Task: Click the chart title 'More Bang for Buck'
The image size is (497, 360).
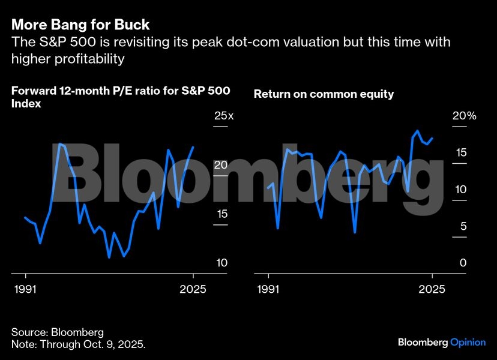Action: (80, 25)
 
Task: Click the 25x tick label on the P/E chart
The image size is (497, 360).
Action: (223, 116)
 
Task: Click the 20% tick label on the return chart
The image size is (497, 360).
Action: (463, 116)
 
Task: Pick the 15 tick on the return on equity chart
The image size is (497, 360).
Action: (460, 153)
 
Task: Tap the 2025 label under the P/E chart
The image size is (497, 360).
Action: (193, 289)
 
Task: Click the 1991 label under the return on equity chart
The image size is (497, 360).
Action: (268, 289)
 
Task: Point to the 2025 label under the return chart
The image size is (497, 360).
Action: (432, 289)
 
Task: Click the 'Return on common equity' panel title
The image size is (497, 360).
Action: (324, 94)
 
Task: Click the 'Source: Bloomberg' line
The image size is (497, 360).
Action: (58, 332)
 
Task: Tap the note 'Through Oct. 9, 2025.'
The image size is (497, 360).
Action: (79, 345)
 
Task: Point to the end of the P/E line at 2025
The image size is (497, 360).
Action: (193, 147)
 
